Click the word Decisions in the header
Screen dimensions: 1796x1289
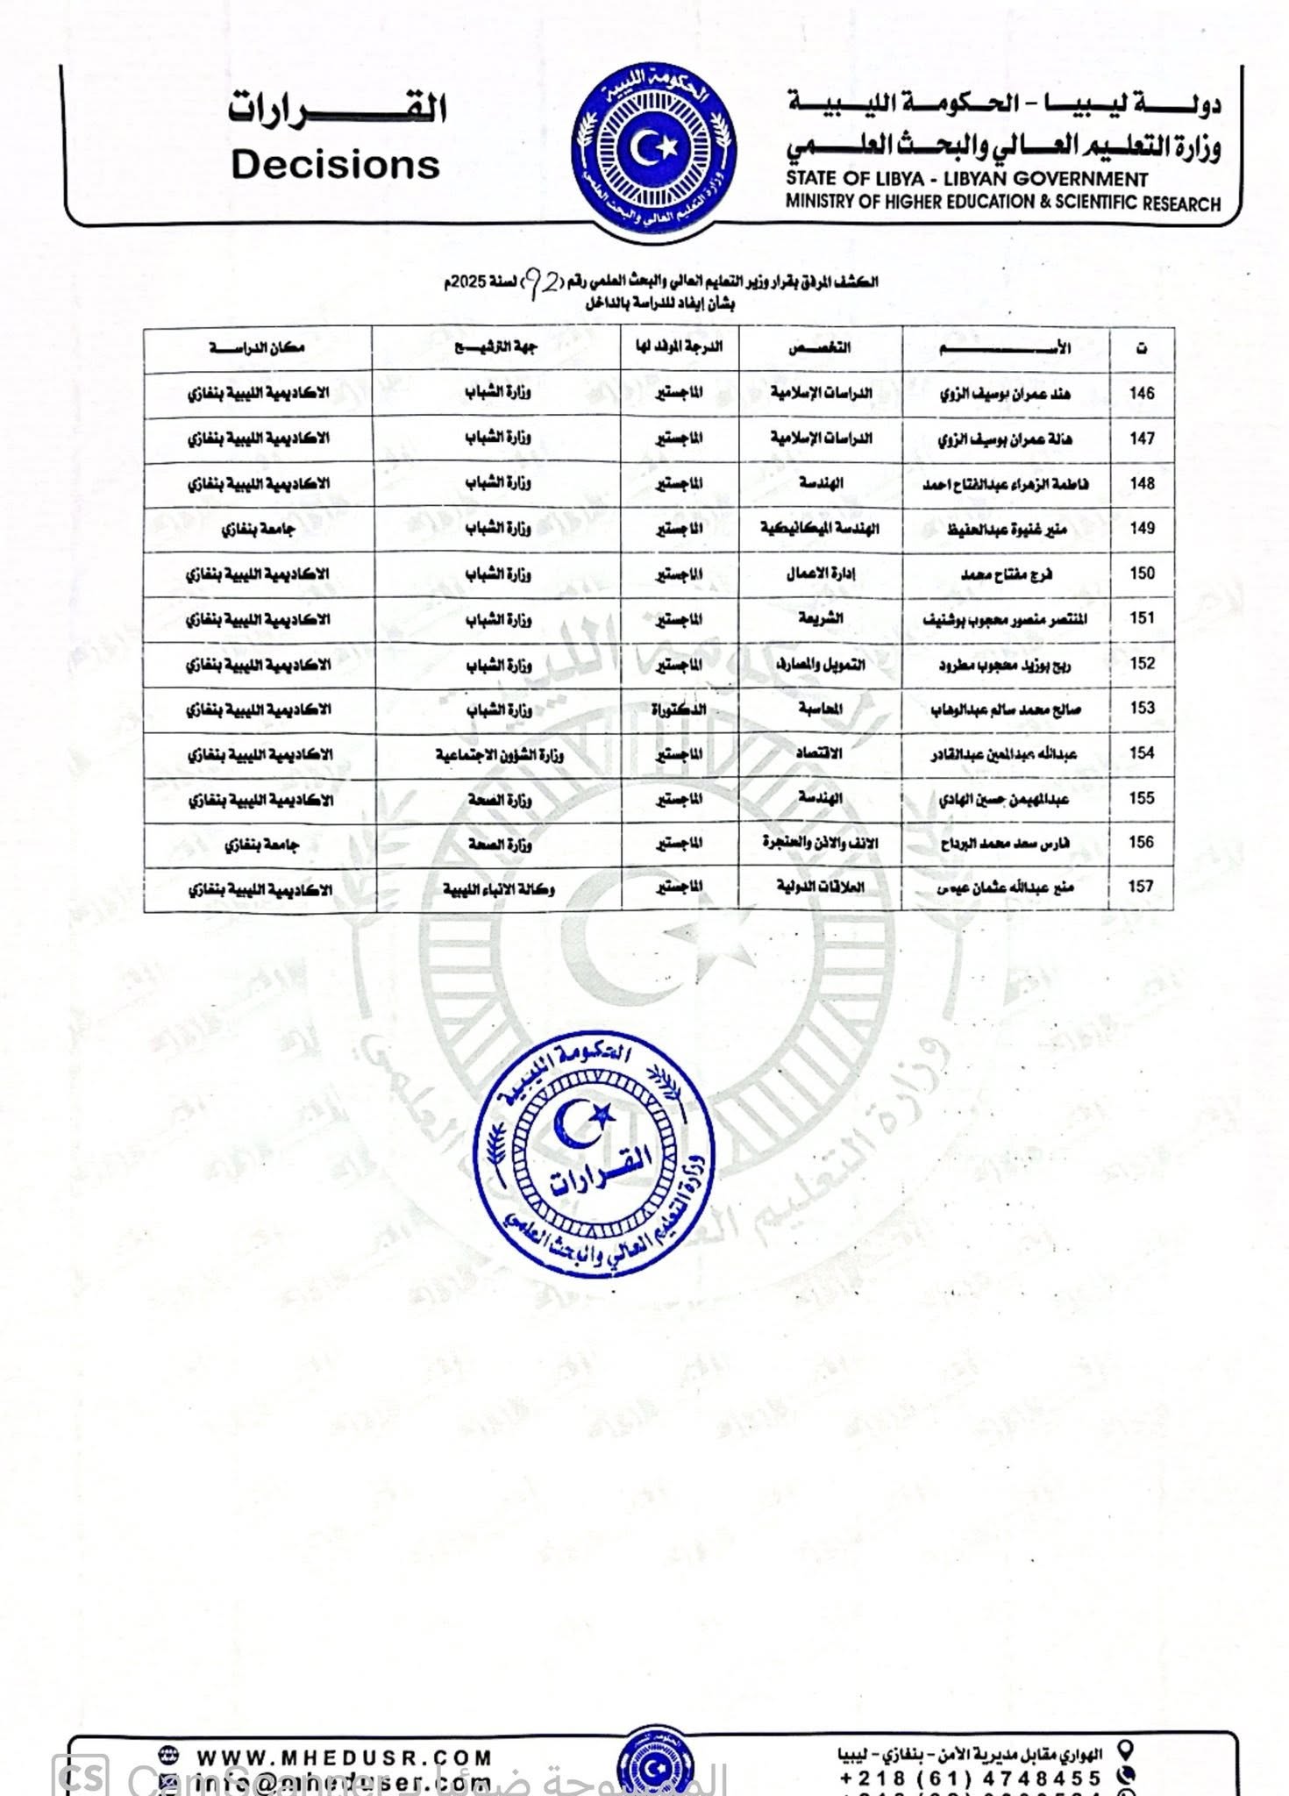point(335,165)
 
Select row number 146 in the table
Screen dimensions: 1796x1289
point(1141,394)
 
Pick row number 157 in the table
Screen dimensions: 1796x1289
point(1140,887)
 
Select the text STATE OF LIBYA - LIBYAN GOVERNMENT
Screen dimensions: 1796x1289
point(966,179)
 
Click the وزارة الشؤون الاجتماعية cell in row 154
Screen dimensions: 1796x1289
point(500,754)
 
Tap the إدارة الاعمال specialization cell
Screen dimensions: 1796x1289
point(820,574)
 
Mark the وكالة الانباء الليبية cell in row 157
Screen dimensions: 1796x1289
point(498,889)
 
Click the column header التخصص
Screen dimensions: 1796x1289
point(820,348)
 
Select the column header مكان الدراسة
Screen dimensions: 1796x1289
point(257,348)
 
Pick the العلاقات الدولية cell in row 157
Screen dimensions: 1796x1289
point(820,887)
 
